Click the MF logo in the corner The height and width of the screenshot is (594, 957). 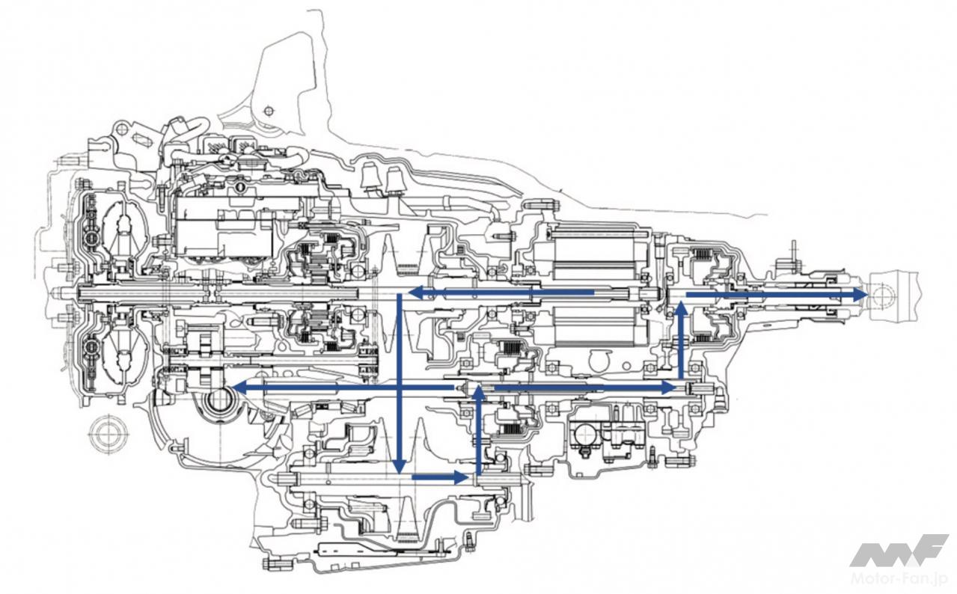(898, 550)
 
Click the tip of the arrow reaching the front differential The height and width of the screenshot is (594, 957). (238, 387)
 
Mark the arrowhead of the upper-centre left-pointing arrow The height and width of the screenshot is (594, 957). (414, 292)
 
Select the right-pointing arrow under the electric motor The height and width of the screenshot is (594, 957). (584, 387)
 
